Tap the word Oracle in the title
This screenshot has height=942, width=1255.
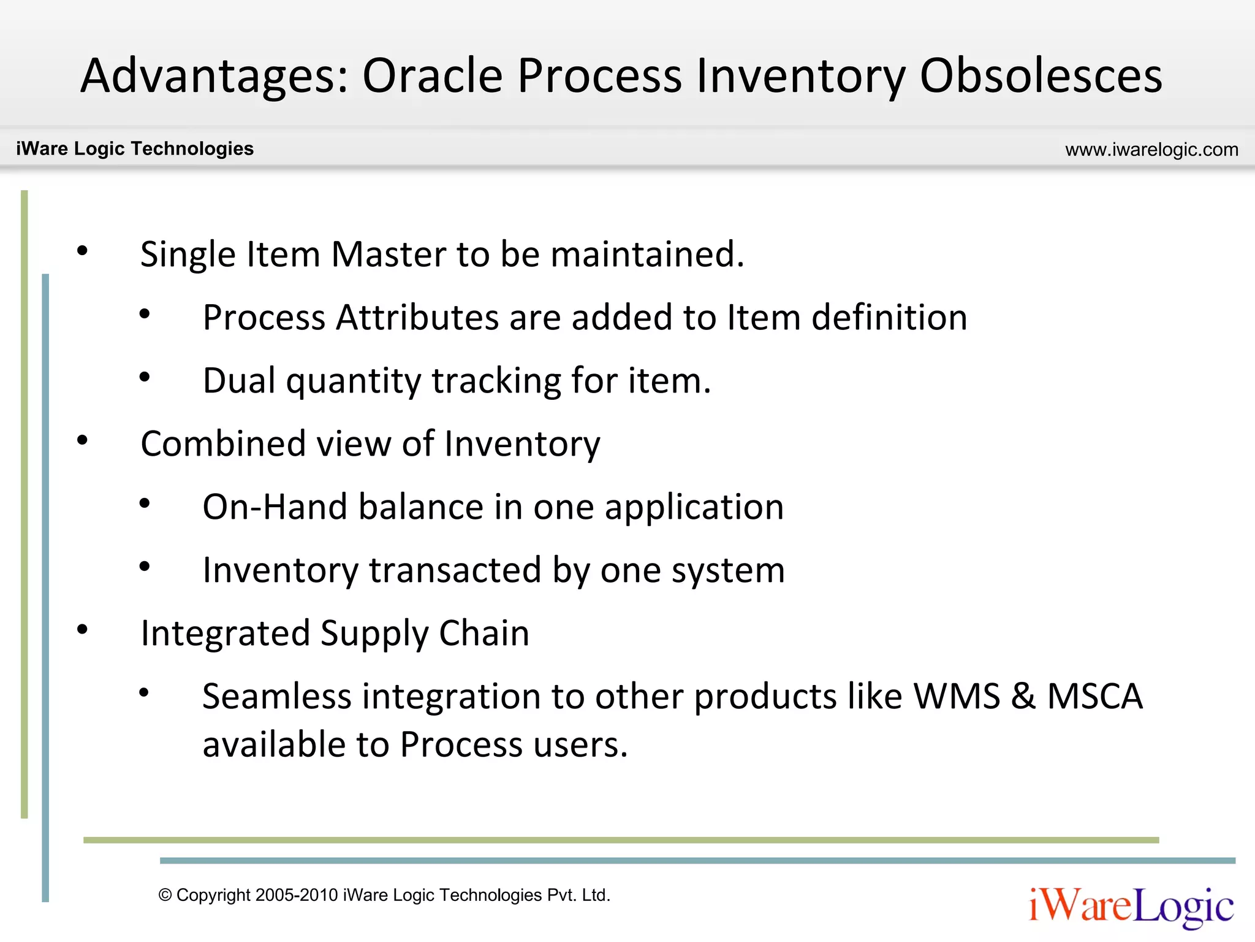coord(433,75)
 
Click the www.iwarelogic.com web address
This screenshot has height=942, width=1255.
coord(1151,149)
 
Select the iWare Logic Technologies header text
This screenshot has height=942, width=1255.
coord(135,148)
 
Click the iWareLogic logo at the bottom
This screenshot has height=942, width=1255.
coord(1131,906)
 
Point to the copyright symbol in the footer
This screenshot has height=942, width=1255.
coord(165,895)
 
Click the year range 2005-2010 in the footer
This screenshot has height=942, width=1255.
coord(297,895)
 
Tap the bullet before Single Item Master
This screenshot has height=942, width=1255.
coord(82,250)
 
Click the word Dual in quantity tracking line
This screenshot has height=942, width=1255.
coord(239,380)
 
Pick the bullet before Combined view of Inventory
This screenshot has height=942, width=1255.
coord(82,440)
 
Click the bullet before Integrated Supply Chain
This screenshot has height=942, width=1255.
coord(82,629)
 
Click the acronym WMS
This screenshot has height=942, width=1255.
coord(957,696)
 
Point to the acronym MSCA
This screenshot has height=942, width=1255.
coord(1094,696)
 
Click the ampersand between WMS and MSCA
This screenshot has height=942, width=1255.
coord(1023,696)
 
